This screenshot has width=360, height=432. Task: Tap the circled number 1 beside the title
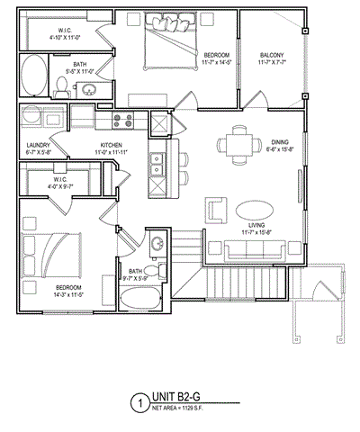(139, 402)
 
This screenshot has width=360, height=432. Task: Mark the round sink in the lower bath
(156, 243)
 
